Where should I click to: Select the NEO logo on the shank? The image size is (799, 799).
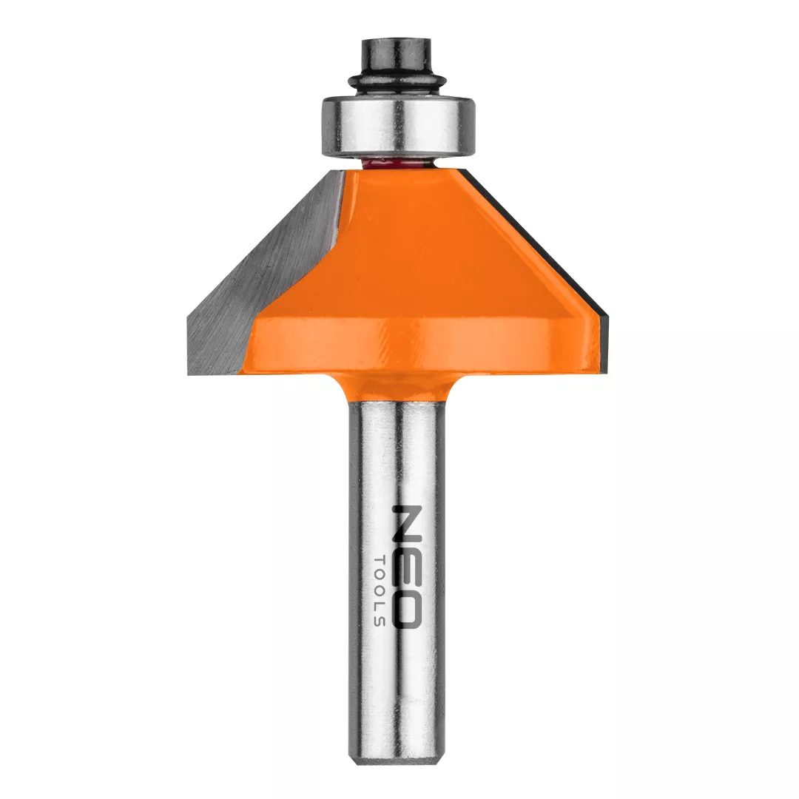coord(408,566)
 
